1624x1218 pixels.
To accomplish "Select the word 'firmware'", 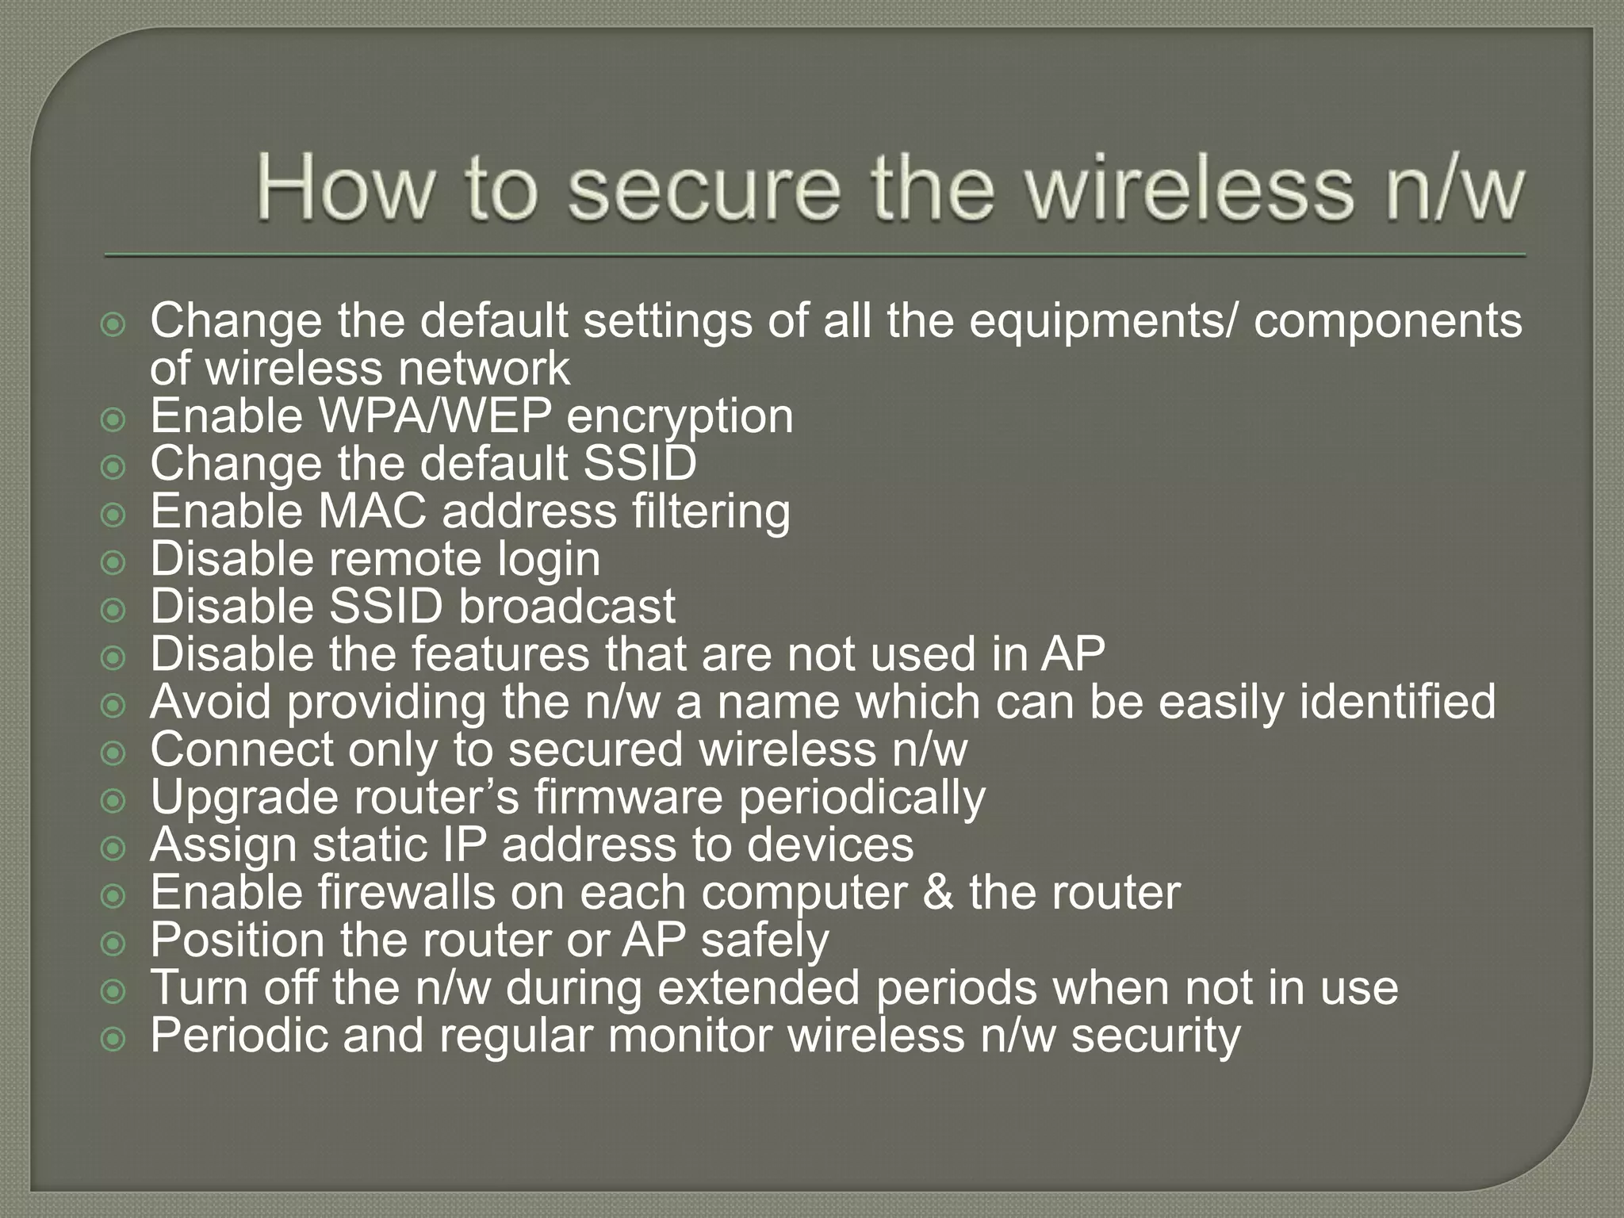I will pos(628,797).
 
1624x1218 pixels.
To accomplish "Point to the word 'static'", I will pos(370,845).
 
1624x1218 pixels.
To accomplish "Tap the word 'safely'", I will pos(764,941).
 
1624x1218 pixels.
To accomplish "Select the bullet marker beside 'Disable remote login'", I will pos(114,563).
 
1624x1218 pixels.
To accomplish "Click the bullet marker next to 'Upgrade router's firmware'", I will pos(114,801).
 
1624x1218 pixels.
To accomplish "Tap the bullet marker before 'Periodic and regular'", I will pos(114,1039).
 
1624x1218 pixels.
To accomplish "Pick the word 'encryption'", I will pos(680,417).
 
